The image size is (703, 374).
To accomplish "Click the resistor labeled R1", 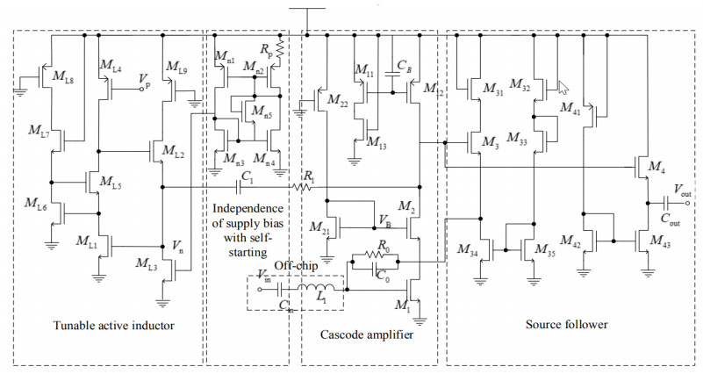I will [x=303, y=186].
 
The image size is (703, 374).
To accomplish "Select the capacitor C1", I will [x=244, y=186].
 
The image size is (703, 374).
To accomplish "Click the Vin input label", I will [x=263, y=278].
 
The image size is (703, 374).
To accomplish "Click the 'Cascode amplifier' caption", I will [x=366, y=334].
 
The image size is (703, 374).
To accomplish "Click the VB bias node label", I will [x=384, y=220].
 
